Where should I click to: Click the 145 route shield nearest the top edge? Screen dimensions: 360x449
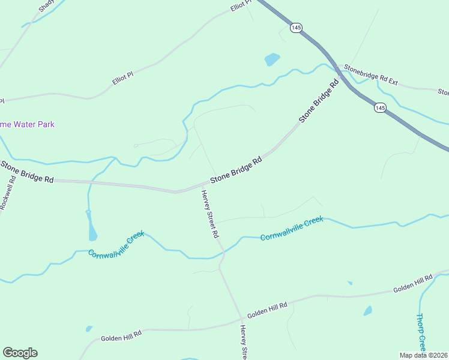click(x=295, y=28)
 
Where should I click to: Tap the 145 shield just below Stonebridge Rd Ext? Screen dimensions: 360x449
click(x=379, y=107)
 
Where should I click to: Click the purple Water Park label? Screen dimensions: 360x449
click(x=27, y=124)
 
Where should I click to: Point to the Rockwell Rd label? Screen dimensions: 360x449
click(x=7, y=193)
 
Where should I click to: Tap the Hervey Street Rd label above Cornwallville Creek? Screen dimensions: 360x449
click(x=209, y=214)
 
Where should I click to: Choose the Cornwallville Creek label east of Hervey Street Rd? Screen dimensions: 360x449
click(x=292, y=229)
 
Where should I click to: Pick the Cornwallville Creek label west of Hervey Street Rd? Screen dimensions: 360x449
click(x=116, y=245)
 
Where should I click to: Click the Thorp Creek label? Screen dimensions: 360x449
click(x=421, y=332)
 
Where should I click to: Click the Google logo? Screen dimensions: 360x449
click(x=20, y=353)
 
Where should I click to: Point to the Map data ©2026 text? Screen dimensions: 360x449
click(x=423, y=355)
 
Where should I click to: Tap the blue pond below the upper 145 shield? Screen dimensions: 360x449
click(x=272, y=59)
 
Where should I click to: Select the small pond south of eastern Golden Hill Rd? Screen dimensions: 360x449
click(x=367, y=311)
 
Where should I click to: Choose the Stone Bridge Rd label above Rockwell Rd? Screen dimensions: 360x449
click(x=27, y=172)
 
